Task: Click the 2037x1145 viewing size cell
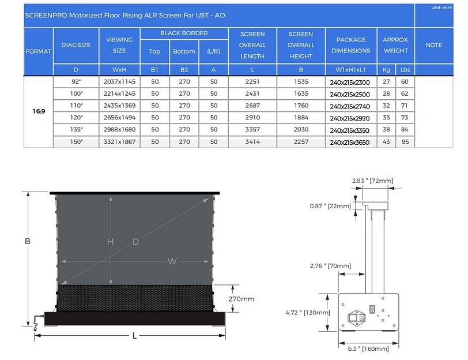click(119, 82)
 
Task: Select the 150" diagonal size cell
click(76, 141)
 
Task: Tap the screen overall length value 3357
click(252, 130)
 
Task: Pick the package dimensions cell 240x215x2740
click(351, 106)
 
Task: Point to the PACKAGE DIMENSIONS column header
click(351, 45)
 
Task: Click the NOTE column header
click(433, 45)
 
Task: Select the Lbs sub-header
click(405, 70)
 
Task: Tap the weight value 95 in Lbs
click(405, 142)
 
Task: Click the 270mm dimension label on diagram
click(241, 299)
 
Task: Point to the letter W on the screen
click(172, 261)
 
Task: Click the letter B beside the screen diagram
click(27, 241)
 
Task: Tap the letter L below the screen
click(134, 335)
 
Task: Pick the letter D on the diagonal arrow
click(136, 242)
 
